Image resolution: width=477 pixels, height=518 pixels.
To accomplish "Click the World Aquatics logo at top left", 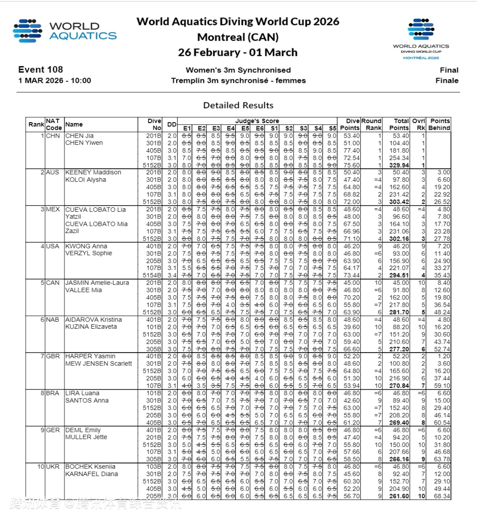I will [65, 31].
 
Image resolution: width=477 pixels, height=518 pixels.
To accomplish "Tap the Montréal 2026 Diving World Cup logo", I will [420, 39].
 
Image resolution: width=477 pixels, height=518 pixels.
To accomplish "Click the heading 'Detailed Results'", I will [238, 105].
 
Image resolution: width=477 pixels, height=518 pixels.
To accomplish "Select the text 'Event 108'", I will [41, 70].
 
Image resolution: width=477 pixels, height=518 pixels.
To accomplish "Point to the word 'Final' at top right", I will [449, 70].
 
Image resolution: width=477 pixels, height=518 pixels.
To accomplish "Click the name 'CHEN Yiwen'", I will [84, 143].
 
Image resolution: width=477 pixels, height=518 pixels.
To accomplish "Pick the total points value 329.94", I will [399, 165].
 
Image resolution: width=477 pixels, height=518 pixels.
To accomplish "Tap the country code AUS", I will [53, 173].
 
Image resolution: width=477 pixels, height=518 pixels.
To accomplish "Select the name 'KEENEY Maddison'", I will [93, 173].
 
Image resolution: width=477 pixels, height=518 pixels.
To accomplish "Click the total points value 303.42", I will [399, 202].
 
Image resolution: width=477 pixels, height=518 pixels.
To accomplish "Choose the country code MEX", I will [53, 209].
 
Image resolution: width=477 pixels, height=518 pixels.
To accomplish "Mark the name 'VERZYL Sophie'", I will [89, 253].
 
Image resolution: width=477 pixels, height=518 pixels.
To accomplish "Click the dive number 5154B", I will [152, 275].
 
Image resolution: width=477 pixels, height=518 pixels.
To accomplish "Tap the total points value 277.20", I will [399, 349].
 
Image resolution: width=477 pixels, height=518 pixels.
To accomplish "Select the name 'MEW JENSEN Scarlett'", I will [98, 364].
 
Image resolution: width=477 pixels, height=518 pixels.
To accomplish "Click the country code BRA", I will [53, 393].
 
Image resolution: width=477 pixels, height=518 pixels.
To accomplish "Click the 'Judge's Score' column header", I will [257, 121].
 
